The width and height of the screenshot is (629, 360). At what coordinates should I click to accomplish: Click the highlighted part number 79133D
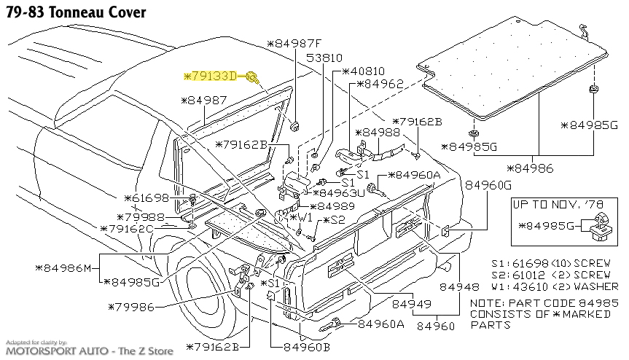[215, 76]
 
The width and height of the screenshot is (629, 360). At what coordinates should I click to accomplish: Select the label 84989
[337, 206]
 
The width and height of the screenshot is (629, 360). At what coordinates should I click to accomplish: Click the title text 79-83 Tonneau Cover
[74, 12]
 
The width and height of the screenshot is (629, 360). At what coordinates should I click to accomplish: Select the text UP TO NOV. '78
[558, 205]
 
